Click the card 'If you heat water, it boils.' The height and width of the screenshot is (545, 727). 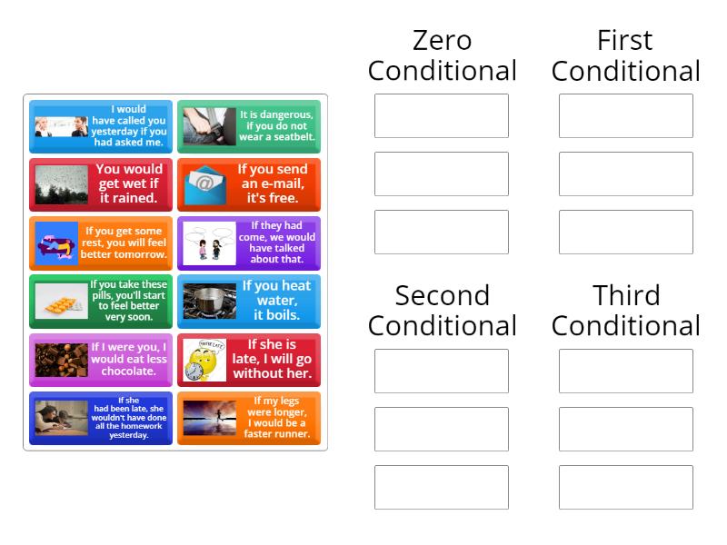[x=249, y=302]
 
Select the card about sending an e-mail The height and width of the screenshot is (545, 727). [x=249, y=184]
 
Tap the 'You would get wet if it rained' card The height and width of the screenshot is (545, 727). [x=101, y=184]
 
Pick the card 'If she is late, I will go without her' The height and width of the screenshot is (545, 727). [x=249, y=360]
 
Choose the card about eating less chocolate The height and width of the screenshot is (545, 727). [x=101, y=360]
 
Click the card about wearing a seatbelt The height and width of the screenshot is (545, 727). [x=249, y=126]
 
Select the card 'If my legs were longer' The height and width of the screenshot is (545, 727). [x=249, y=418]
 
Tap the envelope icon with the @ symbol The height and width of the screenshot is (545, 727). [x=205, y=185]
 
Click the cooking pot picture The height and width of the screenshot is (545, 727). [x=210, y=302]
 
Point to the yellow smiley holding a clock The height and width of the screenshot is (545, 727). [x=204, y=360]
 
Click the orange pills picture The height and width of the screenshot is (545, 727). [x=61, y=302]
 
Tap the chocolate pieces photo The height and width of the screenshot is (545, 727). [x=61, y=360]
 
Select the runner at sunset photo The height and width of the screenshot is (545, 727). [x=210, y=418]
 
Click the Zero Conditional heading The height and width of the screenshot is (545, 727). [x=442, y=55]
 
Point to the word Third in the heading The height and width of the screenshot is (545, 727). [x=626, y=295]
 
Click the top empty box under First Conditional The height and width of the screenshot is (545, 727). [x=626, y=116]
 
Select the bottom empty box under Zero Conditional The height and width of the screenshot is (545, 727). [x=442, y=232]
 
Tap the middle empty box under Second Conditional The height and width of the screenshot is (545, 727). [x=442, y=429]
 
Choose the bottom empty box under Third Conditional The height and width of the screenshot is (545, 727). [x=626, y=487]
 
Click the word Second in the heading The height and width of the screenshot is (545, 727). [x=442, y=295]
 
